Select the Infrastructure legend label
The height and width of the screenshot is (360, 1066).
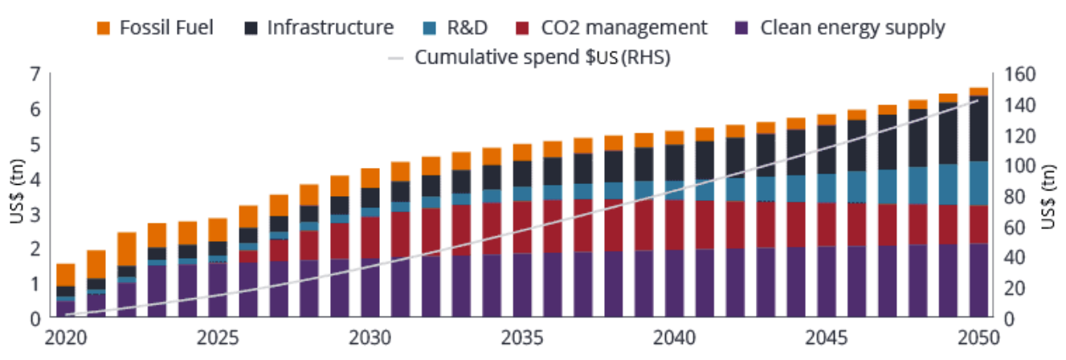tap(330, 28)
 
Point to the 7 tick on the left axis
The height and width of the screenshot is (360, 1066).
tap(35, 75)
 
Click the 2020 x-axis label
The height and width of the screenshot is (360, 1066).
tap(65, 337)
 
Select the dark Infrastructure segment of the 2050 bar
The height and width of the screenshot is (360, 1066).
tap(978, 129)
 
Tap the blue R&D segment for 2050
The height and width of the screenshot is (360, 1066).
tap(978, 183)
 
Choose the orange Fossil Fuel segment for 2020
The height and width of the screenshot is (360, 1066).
tap(66, 275)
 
